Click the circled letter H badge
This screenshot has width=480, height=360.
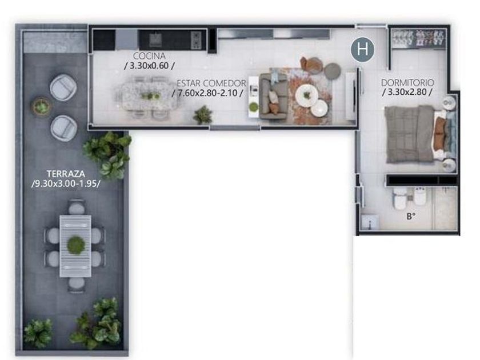[x=363, y=49]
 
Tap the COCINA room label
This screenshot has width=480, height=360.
[x=149, y=56]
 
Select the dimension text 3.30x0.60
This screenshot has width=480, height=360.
[x=149, y=66]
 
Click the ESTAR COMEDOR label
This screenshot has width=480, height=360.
[x=211, y=83]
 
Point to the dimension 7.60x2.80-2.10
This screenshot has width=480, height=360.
[x=208, y=93]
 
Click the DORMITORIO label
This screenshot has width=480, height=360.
[x=407, y=83]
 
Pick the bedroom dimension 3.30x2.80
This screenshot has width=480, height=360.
[x=407, y=92]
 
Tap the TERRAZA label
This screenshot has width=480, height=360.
[x=66, y=174]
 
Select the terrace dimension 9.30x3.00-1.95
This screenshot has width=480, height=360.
[x=66, y=184]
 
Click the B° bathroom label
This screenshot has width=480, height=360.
[x=411, y=217]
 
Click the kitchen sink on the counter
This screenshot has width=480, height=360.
[x=155, y=40]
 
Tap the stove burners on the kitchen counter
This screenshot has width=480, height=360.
[x=196, y=40]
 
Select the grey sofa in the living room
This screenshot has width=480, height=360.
[x=274, y=97]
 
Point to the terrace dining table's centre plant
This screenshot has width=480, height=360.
[x=76, y=246]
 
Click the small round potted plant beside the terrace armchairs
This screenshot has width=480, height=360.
[x=41, y=107]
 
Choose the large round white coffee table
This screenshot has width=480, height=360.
[x=307, y=95]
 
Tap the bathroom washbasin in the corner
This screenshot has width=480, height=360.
[x=370, y=222]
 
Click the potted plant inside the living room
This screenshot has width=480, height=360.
[x=203, y=115]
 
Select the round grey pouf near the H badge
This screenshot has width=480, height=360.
[x=333, y=71]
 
